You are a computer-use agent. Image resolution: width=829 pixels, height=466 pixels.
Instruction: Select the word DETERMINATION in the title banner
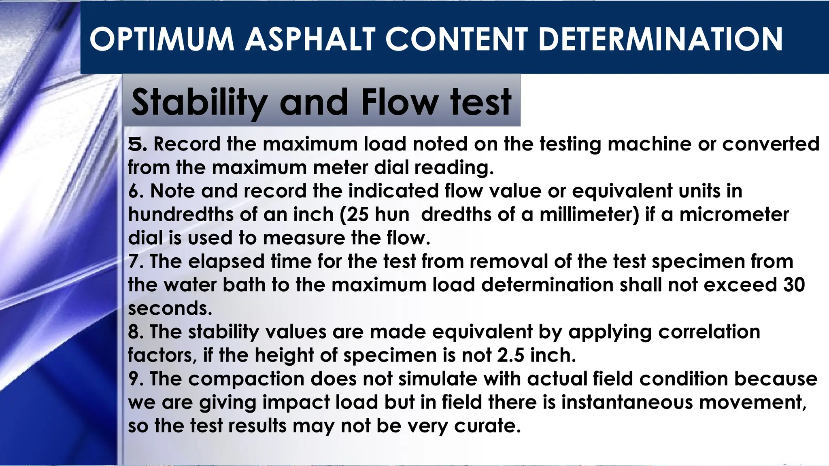coord(661,39)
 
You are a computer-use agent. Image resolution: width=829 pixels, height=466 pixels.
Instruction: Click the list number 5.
coord(136,144)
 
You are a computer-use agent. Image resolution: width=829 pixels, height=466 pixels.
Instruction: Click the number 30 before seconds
coord(794,285)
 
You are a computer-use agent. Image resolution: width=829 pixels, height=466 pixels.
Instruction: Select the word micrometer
coord(734,214)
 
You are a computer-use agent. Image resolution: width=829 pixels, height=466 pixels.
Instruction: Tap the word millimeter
coord(585,214)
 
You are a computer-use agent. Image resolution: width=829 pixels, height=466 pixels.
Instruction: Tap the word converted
coord(771,144)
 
